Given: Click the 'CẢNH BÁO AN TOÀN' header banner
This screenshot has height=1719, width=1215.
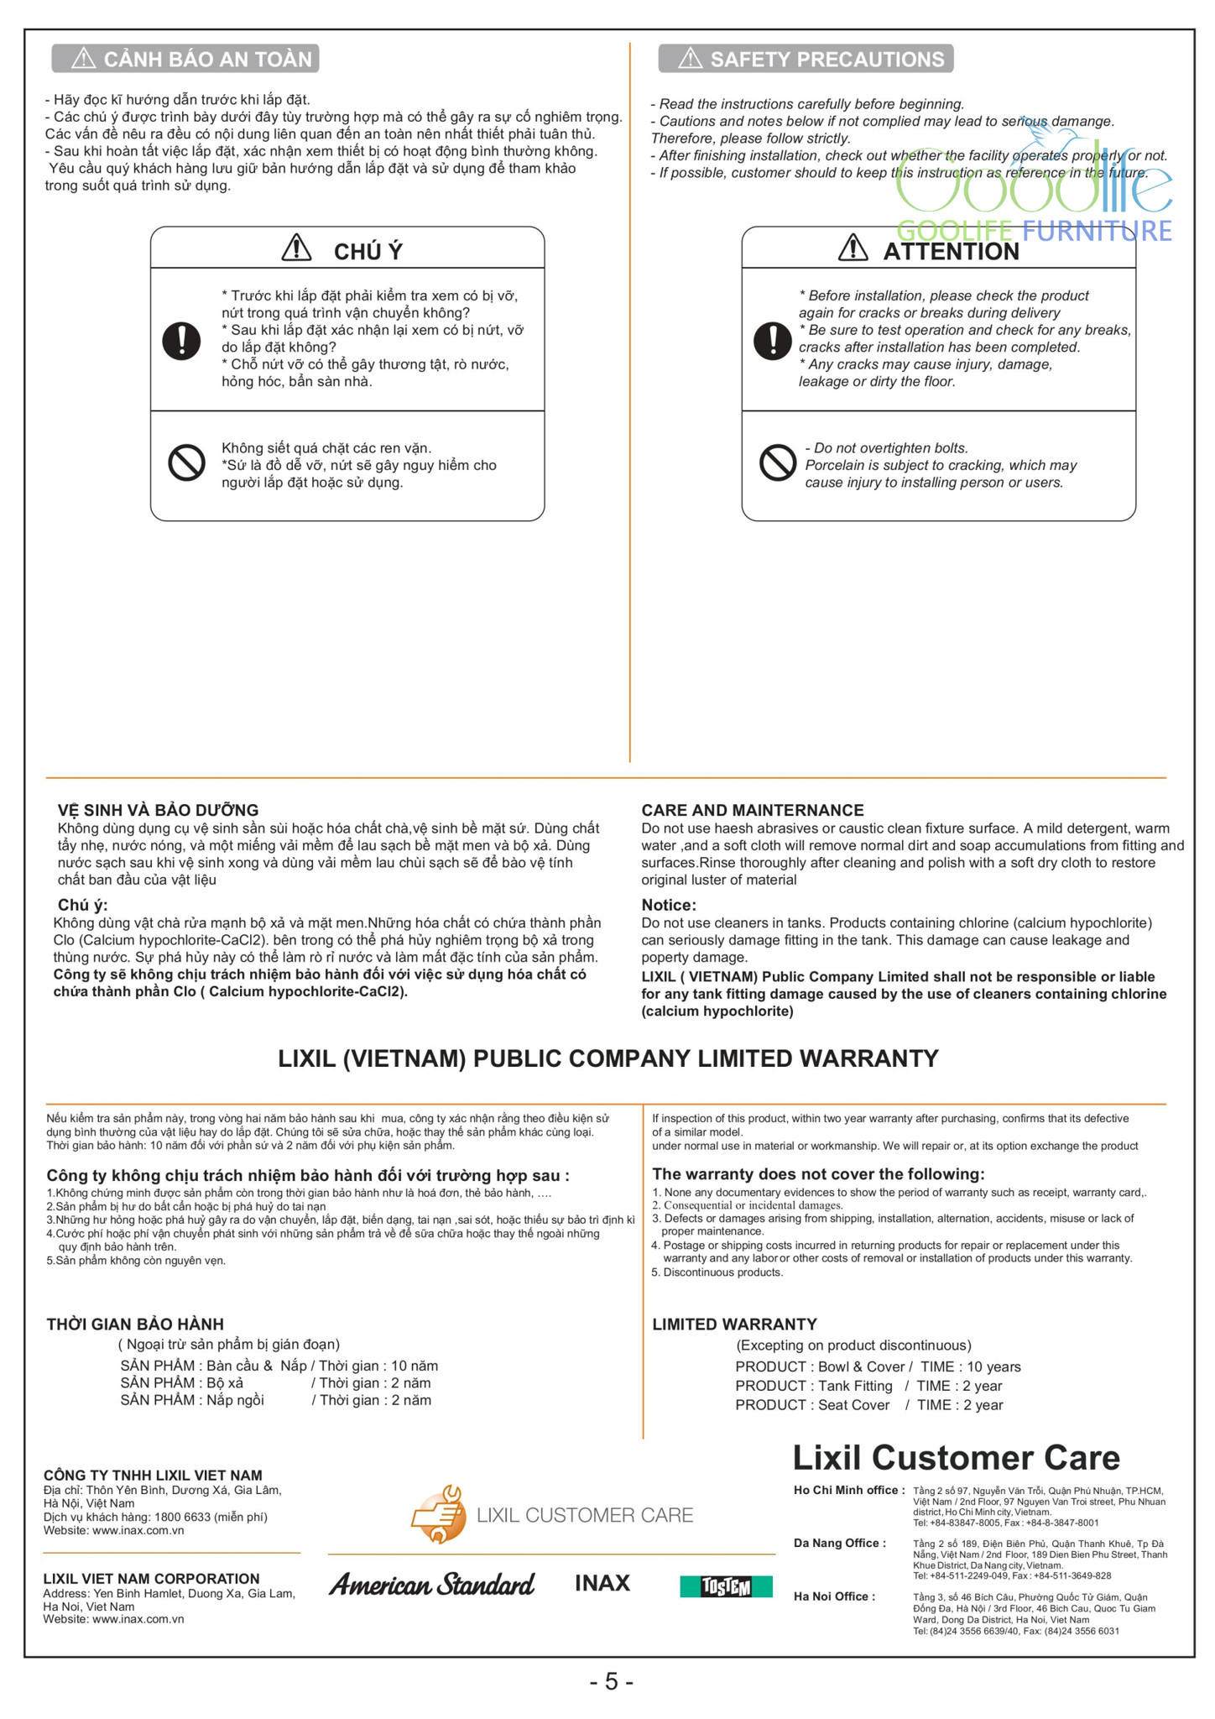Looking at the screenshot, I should tap(185, 59).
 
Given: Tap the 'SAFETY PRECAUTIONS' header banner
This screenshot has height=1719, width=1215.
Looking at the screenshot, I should tap(806, 59).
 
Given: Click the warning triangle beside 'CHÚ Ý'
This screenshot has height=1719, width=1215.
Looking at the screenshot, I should tap(296, 248).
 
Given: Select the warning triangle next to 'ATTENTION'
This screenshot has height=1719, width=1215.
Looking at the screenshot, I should tap(853, 248).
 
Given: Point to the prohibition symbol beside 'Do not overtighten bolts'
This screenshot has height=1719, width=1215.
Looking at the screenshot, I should tap(777, 463).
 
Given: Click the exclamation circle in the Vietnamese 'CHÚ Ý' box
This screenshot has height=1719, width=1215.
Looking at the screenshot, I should tap(181, 340).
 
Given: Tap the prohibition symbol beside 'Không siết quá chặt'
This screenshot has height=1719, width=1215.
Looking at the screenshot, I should tap(186, 463).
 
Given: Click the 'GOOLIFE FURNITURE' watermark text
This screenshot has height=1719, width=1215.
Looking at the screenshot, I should tap(1034, 231).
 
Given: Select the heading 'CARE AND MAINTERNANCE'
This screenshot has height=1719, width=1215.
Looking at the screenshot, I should tap(752, 810).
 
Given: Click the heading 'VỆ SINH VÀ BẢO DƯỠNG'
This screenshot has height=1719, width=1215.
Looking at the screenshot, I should tap(158, 810).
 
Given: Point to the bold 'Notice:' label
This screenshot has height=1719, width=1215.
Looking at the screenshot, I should tap(669, 905).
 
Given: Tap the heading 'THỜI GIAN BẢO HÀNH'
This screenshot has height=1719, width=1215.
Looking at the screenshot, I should tap(135, 1325).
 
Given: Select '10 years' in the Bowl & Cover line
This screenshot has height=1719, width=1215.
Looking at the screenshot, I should tap(993, 1366).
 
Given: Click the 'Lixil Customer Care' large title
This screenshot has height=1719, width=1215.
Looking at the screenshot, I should tap(956, 1458).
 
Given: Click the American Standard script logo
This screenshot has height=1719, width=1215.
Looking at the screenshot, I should tap(431, 1584).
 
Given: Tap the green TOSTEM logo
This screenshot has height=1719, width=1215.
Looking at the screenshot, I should tap(726, 1586).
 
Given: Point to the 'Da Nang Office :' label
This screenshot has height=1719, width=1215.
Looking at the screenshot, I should tap(839, 1543).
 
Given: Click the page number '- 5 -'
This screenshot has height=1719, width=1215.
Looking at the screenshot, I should tap(611, 1681).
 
